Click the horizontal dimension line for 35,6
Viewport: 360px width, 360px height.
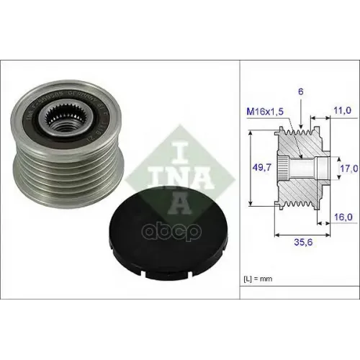click(302, 234)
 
